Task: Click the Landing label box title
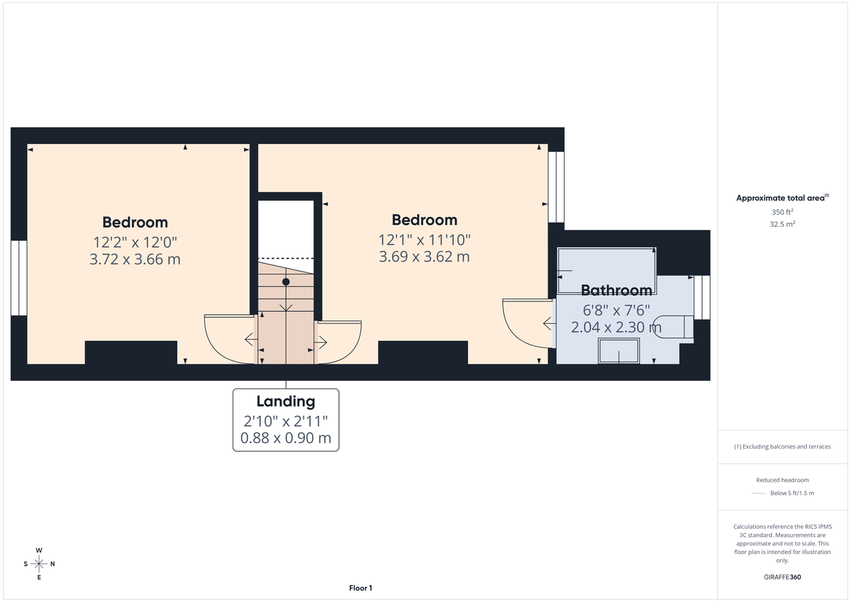286,402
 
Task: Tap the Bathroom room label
616,290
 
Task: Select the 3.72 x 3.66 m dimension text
135,260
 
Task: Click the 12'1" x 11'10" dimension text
424,240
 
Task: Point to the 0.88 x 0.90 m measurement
286,437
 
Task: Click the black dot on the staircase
286,282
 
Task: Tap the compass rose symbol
39,564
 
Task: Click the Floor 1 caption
360,588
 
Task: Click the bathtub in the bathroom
606,270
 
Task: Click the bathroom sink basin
619,351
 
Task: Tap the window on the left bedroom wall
18,277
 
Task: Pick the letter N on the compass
52,564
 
